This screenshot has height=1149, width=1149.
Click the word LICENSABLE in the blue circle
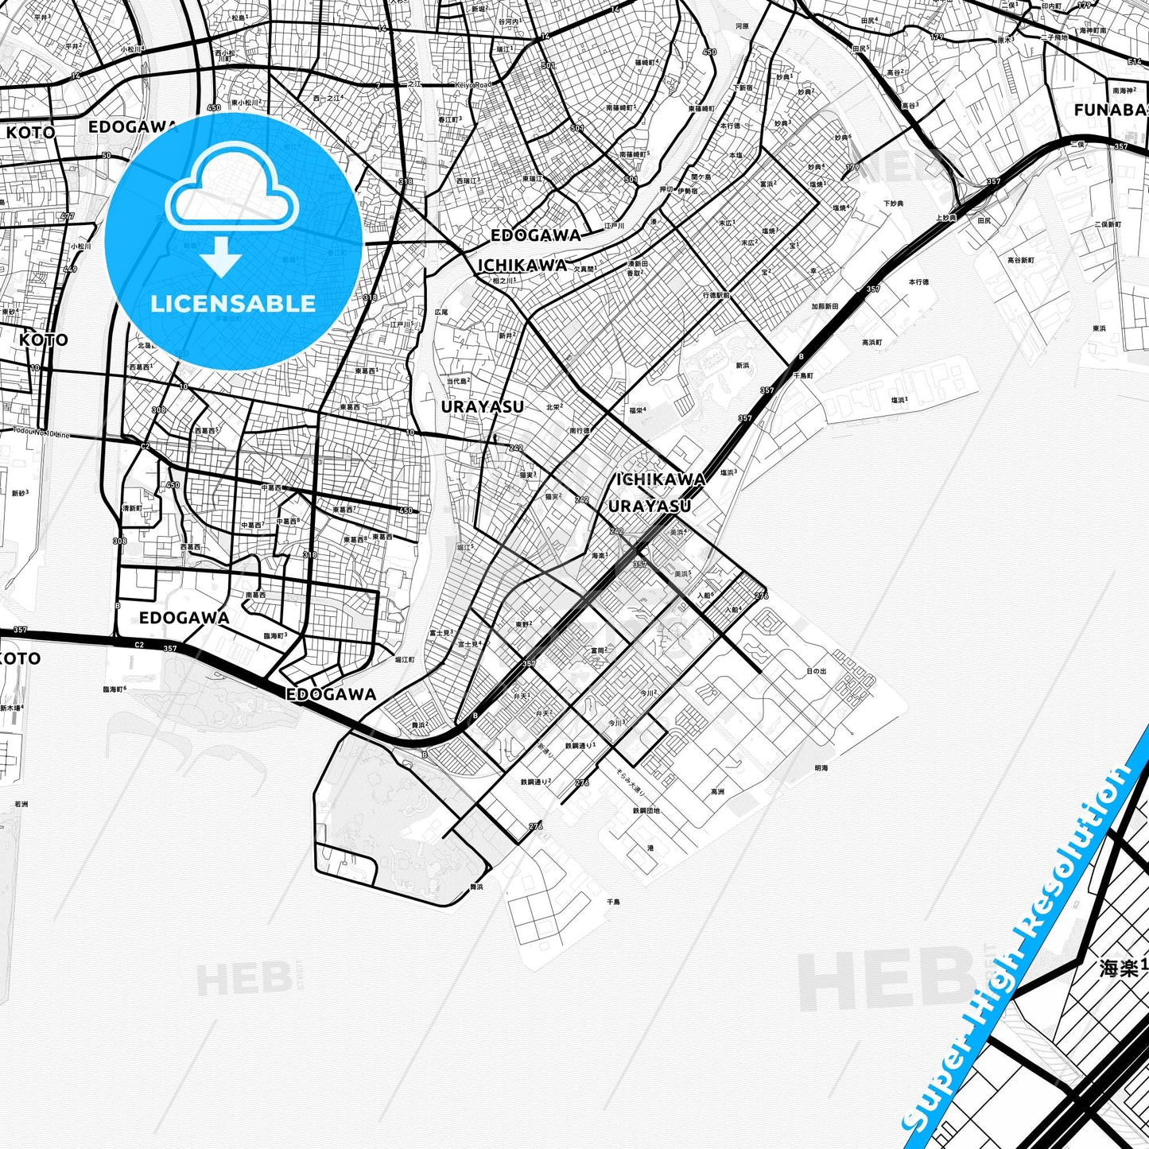(233, 303)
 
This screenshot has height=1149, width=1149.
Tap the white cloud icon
(231, 194)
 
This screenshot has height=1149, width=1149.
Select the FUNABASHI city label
(1110, 111)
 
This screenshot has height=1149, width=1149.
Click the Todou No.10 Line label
(41, 433)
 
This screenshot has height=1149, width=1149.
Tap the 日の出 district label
(816, 671)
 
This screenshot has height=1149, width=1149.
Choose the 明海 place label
(821, 768)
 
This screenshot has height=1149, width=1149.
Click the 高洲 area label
(717, 791)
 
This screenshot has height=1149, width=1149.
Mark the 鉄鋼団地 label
(646, 810)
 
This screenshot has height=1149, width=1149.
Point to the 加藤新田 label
(825, 305)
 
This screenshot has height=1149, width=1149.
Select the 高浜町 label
(872, 343)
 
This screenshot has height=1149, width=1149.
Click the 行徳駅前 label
(716, 295)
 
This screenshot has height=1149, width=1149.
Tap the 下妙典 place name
(893, 204)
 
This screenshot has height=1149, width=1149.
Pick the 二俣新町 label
(1107, 224)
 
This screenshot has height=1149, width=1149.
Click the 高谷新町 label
(1021, 260)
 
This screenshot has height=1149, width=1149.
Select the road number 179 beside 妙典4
(852, 168)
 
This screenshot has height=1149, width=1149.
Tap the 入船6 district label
(705, 595)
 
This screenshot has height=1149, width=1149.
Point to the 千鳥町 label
(803, 375)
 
